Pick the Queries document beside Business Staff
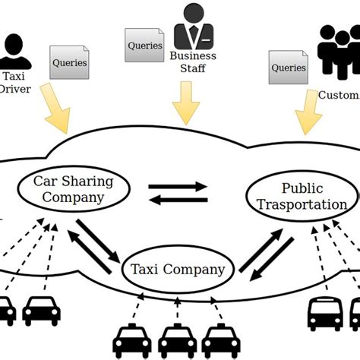point(145,45)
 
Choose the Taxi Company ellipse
point(177,270)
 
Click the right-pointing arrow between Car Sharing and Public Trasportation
point(176,185)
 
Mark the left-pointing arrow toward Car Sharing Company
point(176,201)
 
